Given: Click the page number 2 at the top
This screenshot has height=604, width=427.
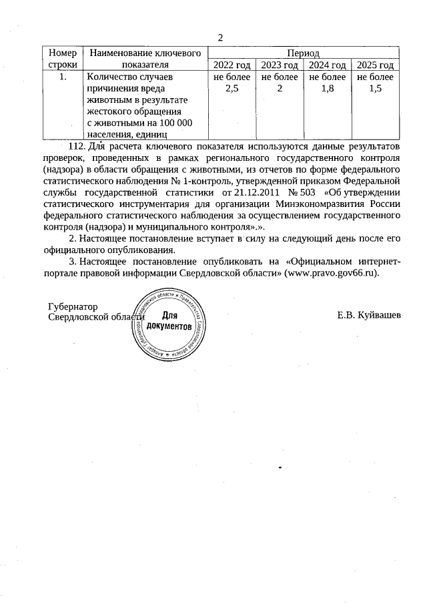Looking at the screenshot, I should pyautogui.click(x=220, y=37).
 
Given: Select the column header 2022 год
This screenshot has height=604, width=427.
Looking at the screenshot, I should pyautogui.click(x=232, y=65).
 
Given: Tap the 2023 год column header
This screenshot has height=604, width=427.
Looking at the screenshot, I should pyautogui.click(x=280, y=65).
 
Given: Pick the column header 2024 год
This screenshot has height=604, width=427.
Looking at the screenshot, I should pyautogui.click(x=328, y=65).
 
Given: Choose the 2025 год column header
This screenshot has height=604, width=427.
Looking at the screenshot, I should pyautogui.click(x=376, y=65).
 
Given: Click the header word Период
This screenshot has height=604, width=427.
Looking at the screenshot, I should pyautogui.click(x=303, y=53).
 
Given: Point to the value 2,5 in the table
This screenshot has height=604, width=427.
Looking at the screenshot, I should pyautogui.click(x=232, y=89).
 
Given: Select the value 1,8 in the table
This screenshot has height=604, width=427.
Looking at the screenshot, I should pyautogui.click(x=328, y=89).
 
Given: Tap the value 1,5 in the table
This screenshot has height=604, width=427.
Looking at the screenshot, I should pyautogui.click(x=376, y=89).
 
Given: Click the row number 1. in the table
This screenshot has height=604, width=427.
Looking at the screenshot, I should pyautogui.click(x=63, y=77).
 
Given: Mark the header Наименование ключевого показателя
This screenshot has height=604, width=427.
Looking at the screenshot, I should pyautogui.click(x=145, y=59).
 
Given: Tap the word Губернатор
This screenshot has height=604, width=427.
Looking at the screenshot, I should pyautogui.click(x=73, y=306).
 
